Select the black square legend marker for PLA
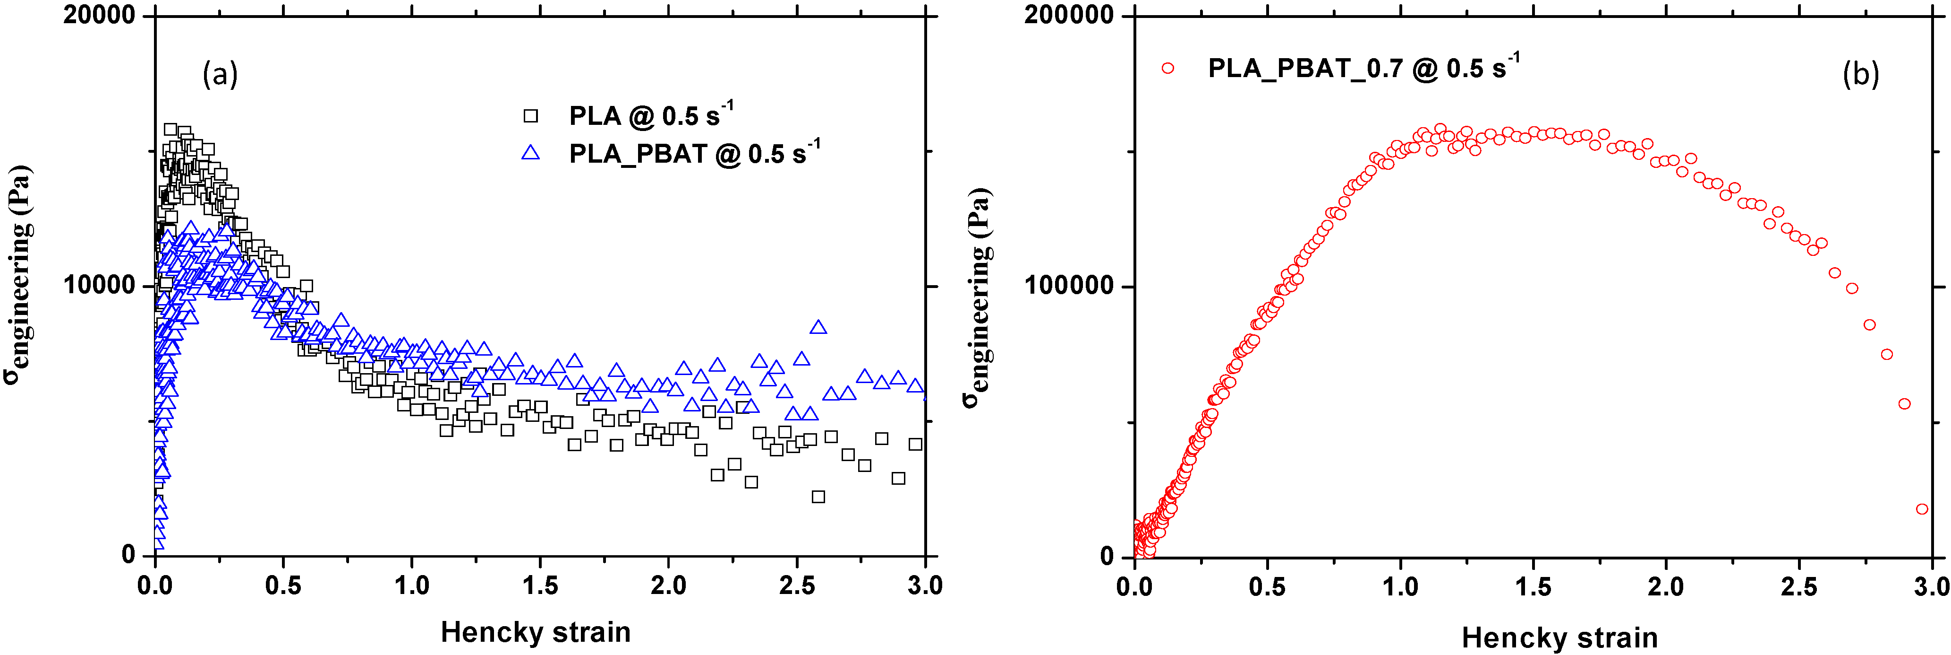(x=531, y=116)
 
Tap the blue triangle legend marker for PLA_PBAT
(x=531, y=153)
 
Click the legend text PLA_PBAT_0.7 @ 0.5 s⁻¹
(x=1363, y=68)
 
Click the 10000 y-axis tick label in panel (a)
(x=98, y=286)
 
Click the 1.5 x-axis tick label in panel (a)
(x=539, y=585)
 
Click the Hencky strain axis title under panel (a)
(x=536, y=631)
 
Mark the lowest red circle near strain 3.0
(x=1921, y=509)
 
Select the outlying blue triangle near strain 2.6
(x=818, y=327)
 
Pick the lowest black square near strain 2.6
(x=818, y=497)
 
